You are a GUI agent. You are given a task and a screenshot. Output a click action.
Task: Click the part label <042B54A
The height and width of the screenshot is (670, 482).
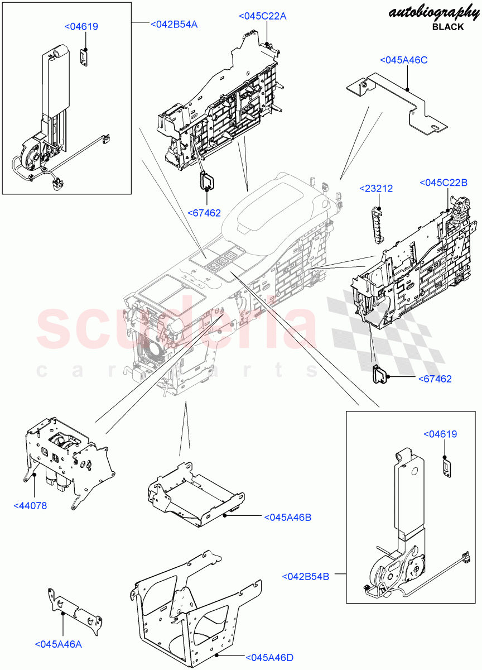click(x=174, y=24)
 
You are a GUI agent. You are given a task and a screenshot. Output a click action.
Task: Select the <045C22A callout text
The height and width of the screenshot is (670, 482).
click(x=262, y=16)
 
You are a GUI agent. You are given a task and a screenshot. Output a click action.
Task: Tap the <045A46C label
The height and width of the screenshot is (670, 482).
click(x=404, y=60)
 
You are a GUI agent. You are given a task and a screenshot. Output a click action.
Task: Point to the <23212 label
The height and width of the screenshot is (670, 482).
click(x=375, y=189)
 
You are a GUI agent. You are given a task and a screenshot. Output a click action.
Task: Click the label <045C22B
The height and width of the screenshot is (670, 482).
click(x=443, y=183)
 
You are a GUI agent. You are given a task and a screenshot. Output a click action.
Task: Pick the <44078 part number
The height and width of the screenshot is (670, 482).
click(x=30, y=506)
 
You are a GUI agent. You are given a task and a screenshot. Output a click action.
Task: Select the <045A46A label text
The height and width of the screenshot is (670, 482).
click(x=58, y=644)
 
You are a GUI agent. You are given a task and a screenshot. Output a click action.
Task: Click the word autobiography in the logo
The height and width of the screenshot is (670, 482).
click(x=426, y=14)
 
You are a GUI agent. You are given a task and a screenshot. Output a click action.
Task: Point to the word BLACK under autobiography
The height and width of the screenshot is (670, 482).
click(x=448, y=27)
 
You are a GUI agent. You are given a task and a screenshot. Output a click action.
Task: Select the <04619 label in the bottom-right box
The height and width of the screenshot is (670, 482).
click(x=441, y=434)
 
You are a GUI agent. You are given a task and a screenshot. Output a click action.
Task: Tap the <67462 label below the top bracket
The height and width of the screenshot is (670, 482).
click(x=204, y=213)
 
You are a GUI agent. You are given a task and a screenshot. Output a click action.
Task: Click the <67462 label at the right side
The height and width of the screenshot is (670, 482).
click(x=435, y=379)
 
